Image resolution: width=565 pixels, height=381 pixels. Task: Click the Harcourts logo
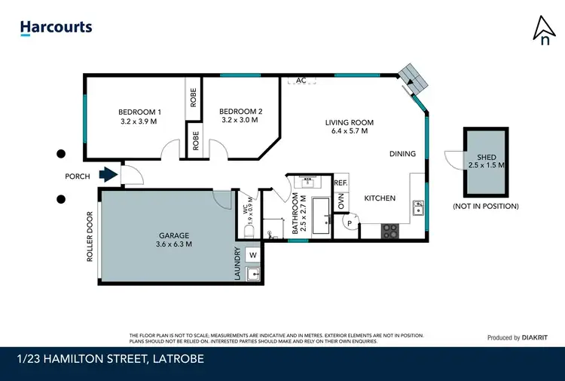click(x=56, y=28)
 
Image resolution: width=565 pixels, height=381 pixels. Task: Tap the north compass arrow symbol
click(x=542, y=29)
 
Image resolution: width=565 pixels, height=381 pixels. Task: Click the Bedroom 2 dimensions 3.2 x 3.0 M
click(x=240, y=119)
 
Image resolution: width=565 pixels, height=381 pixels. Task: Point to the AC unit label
click(x=301, y=80)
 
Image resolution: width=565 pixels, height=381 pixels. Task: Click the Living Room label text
click(x=349, y=122)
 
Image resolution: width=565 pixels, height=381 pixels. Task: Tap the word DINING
click(x=402, y=154)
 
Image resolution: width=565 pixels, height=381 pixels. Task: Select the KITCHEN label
click(x=380, y=198)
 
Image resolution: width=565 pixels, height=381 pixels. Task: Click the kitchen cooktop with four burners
click(x=389, y=231)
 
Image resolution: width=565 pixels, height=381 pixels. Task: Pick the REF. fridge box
click(x=341, y=183)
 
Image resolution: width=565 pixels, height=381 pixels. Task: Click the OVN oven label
click(x=341, y=201)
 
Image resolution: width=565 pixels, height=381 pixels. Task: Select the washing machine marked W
click(x=252, y=255)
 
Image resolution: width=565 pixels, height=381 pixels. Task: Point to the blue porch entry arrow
click(x=109, y=176)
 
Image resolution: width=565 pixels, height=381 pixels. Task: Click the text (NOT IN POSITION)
click(x=485, y=206)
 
